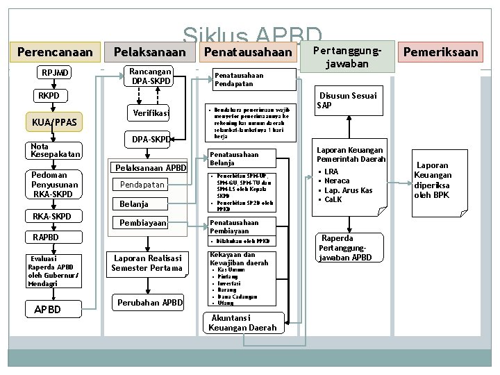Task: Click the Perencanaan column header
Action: coord(54,52)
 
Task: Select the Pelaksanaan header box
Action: coord(149,52)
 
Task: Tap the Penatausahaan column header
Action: coord(247,52)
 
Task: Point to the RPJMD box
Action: coord(56,73)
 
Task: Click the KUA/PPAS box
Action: coord(54,123)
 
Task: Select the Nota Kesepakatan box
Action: coord(56,150)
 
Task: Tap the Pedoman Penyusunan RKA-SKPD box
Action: coord(55,185)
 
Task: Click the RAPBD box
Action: coord(47,237)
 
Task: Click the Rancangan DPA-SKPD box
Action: coord(150,76)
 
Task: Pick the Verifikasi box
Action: coord(151,113)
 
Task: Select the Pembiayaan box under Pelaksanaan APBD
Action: coord(143,223)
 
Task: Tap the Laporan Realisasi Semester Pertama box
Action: coord(147,263)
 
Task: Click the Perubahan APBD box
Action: coord(150,303)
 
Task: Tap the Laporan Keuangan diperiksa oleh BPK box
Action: coord(432,181)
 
